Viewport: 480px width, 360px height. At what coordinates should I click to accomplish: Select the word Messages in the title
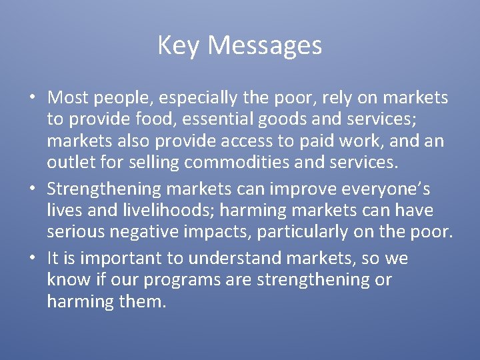(265, 46)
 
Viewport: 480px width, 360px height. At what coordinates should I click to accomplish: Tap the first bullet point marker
(32, 98)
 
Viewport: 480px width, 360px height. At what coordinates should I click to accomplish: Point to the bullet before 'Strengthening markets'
(32, 189)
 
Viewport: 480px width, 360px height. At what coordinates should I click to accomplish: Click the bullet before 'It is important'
(32, 258)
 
